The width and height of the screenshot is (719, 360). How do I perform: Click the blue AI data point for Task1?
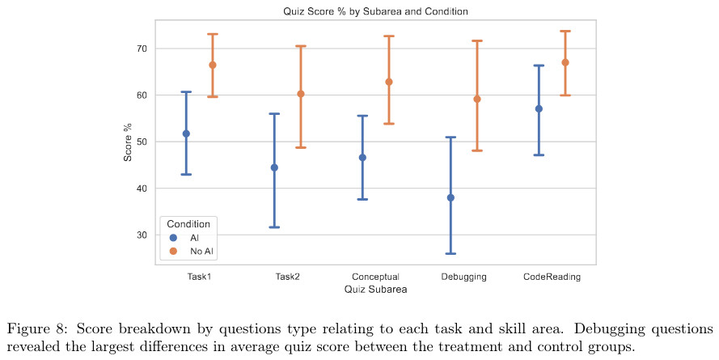click(186, 133)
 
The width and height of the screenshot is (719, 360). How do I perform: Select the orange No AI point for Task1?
click(213, 65)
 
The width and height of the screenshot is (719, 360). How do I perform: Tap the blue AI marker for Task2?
click(274, 167)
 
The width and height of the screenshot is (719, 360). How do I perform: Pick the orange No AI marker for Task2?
click(301, 94)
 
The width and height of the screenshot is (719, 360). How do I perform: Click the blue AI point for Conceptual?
click(362, 158)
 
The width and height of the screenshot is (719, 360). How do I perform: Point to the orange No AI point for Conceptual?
click(389, 82)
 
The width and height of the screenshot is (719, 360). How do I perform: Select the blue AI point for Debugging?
click(450, 197)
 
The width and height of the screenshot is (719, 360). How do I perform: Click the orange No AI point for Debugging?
click(477, 100)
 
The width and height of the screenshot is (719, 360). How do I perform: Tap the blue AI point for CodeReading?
click(539, 108)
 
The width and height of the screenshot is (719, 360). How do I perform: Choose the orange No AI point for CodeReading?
click(565, 62)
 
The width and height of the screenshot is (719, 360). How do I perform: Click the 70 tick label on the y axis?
click(142, 49)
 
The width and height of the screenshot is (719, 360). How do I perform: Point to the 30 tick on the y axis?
click(142, 235)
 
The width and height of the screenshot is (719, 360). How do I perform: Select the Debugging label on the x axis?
click(463, 277)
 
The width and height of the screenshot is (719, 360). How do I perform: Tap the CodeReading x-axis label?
click(552, 277)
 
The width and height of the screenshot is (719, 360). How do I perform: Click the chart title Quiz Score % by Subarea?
click(375, 11)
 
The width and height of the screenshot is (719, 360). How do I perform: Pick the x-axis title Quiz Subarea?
click(375, 288)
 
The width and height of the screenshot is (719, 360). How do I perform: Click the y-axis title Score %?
click(128, 142)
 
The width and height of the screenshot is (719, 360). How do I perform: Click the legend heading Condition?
click(188, 224)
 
